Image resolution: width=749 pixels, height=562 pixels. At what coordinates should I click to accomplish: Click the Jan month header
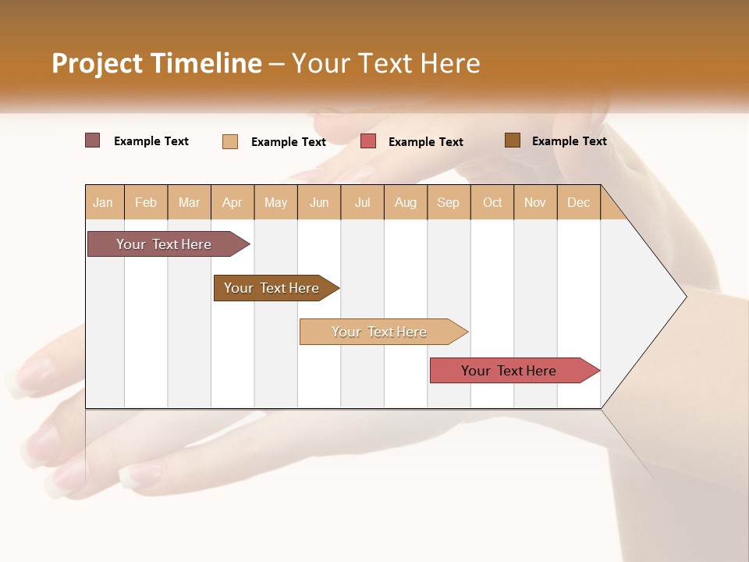pyautogui.click(x=103, y=202)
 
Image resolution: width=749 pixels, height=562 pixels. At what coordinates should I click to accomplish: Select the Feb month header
pyautogui.click(x=146, y=202)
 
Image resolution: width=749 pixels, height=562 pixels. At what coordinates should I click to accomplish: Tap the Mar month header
pyautogui.click(x=189, y=202)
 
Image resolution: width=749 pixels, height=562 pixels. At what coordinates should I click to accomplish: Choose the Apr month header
pyautogui.click(x=233, y=202)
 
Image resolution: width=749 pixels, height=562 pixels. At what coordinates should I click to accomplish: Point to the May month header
pyautogui.click(x=275, y=202)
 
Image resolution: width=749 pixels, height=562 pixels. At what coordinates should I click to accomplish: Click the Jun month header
pyautogui.click(x=319, y=202)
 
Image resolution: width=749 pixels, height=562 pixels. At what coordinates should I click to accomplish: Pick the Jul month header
pyautogui.click(x=362, y=202)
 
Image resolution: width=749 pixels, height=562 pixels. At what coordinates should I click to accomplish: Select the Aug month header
pyautogui.click(x=406, y=202)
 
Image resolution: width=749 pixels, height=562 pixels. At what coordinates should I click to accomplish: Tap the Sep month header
pyautogui.click(x=448, y=202)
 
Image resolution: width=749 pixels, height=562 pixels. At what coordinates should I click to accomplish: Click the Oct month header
pyautogui.click(x=492, y=202)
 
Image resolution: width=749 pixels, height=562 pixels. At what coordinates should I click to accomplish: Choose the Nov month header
pyautogui.click(x=535, y=202)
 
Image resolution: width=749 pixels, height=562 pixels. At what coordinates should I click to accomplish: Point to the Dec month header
pyautogui.click(x=578, y=202)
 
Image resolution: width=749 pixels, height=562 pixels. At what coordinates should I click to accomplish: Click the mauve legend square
pyautogui.click(x=92, y=140)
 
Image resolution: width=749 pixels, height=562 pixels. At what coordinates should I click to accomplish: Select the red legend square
pyautogui.click(x=368, y=141)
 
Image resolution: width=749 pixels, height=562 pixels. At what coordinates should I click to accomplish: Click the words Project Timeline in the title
pyautogui.click(x=156, y=63)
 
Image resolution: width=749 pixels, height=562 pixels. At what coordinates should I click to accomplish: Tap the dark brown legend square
pyautogui.click(x=512, y=140)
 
